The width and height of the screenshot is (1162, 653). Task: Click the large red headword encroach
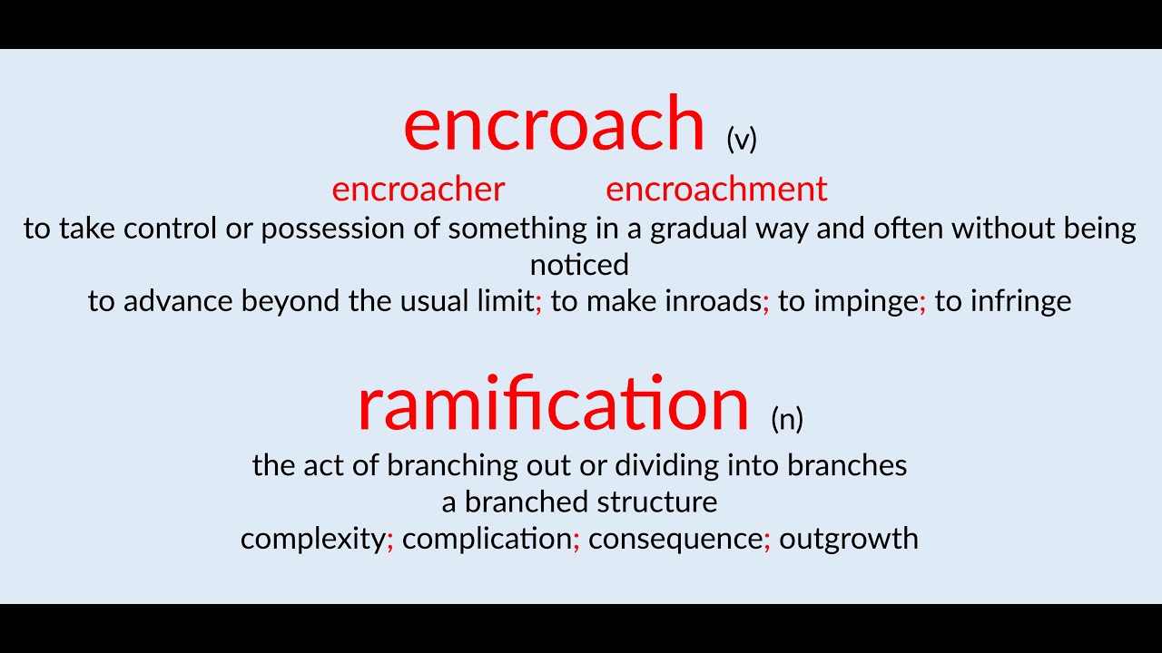(554, 124)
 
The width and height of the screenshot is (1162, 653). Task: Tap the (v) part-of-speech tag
(742, 139)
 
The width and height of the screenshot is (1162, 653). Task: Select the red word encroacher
(418, 190)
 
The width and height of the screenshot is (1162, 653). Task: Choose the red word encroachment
(716, 190)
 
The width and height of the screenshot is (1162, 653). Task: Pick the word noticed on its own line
(579, 265)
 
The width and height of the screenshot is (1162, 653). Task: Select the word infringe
(1020, 301)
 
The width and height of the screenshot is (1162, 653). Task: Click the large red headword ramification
(553, 404)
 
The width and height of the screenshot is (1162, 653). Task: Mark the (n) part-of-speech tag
(787, 418)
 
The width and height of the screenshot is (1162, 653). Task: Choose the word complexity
(312, 539)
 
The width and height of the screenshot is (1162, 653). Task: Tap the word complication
(487, 539)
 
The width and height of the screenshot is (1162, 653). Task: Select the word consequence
(675, 539)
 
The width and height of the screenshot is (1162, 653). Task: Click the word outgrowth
(849, 539)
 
